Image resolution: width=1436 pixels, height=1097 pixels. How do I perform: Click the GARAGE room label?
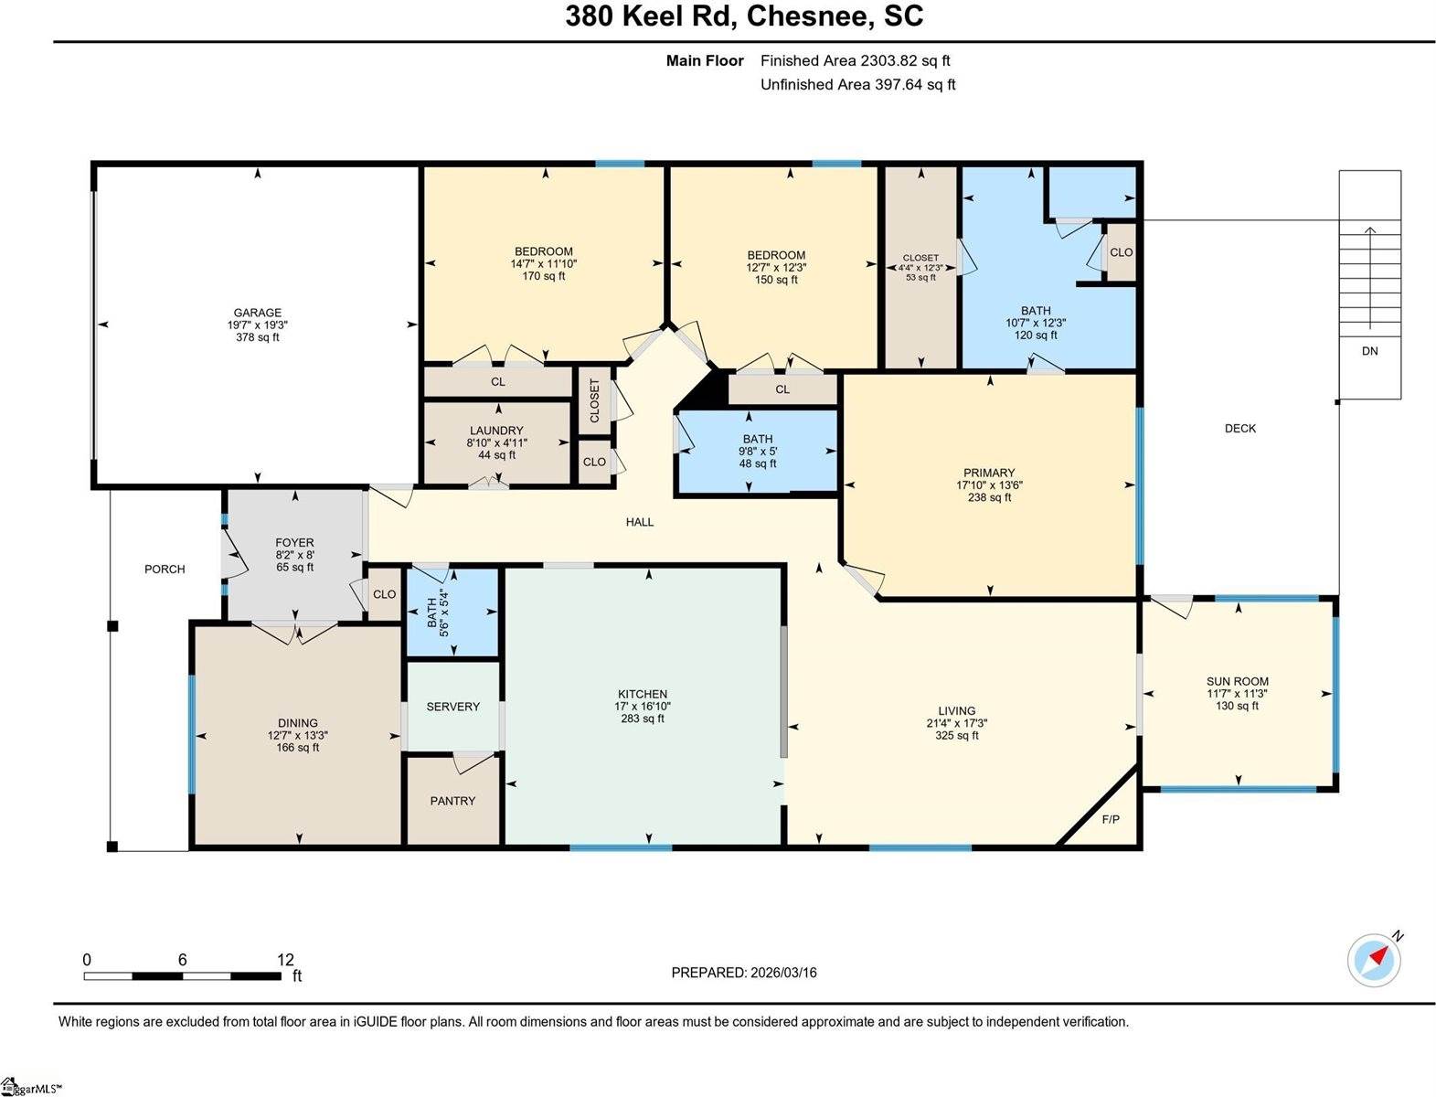[x=257, y=313]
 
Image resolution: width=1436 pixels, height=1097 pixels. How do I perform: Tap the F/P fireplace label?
[x=1111, y=820]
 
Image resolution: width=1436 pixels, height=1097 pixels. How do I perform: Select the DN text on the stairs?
[x=1369, y=351]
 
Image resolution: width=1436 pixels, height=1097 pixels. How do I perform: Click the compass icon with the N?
[x=1374, y=960]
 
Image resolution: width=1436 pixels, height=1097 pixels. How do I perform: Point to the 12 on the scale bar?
[x=285, y=960]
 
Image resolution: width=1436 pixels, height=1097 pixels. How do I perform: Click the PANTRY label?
[x=452, y=801]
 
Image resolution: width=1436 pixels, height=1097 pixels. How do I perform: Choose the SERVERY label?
[x=452, y=707]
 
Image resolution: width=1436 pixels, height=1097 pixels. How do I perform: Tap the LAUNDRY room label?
[x=496, y=431]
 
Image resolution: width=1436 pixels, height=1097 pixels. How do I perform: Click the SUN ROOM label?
[x=1237, y=681]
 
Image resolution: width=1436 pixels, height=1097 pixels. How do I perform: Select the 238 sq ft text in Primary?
[x=989, y=498]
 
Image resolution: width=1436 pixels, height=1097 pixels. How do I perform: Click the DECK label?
[x=1239, y=428]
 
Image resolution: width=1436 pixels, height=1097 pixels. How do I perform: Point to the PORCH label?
[x=165, y=569]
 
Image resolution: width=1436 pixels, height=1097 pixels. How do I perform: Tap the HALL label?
[x=640, y=522]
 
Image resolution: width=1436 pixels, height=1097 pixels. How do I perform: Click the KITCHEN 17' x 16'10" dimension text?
[x=643, y=707]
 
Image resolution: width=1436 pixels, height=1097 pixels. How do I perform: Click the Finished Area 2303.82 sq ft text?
[x=855, y=60]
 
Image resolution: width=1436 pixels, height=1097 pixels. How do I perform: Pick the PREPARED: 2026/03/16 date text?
[x=744, y=973]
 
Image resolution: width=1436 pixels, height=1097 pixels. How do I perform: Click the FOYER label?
[x=294, y=543]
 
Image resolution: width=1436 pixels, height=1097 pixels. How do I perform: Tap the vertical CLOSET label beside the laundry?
[x=594, y=400]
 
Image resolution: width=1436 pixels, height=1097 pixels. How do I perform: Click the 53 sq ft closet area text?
[x=920, y=277]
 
